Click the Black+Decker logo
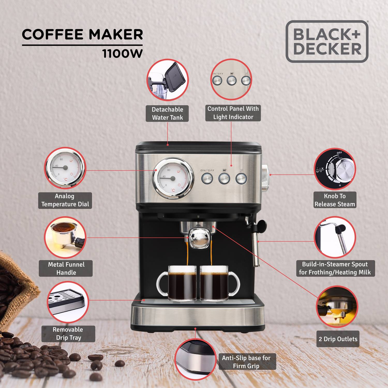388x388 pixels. (327, 41)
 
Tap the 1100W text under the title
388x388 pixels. (122, 54)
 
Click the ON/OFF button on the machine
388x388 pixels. (207, 178)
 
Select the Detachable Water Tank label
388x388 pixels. (167, 113)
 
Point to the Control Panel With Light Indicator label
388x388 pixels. (233, 113)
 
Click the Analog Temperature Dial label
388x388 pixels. (65, 200)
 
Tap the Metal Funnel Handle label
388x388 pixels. (66, 268)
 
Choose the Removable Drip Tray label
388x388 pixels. (68, 334)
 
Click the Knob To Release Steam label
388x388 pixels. (335, 200)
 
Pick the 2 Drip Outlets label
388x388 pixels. (338, 339)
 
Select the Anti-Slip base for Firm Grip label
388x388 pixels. (246, 362)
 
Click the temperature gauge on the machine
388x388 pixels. (173, 178)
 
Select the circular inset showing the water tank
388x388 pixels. (167, 80)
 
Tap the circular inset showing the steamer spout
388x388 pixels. (335, 237)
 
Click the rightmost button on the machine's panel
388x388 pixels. (241, 178)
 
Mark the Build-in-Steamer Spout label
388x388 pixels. (335, 268)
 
